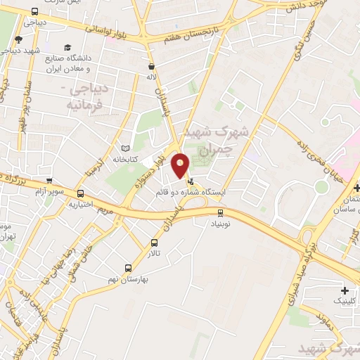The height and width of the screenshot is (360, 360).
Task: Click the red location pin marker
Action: coord(181,165)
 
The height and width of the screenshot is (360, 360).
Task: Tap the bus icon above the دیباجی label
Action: coord(34,11)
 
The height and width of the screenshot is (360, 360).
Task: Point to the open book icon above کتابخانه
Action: coord(126,149)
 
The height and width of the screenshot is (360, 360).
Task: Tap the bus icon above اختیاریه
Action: coord(81,193)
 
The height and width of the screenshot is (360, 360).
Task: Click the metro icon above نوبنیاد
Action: coord(221,212)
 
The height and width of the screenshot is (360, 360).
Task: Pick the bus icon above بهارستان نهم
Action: coord(128,267)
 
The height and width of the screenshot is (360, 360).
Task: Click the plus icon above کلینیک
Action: coord(345,291)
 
